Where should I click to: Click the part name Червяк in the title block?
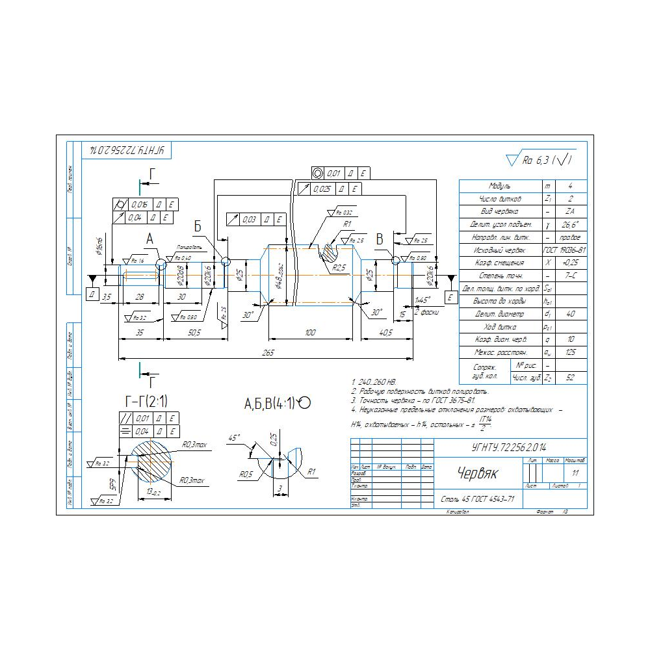[x=476, y=473]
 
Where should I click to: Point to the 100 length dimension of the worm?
[x=310, y=333]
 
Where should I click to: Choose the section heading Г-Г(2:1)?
[x=146, y=400]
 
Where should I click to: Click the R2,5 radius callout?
[x=339, y=267]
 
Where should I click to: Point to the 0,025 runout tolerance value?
[x=322, y=189]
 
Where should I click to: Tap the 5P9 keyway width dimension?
[x=112, y=483]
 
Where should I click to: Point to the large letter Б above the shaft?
[x=198, y=226]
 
